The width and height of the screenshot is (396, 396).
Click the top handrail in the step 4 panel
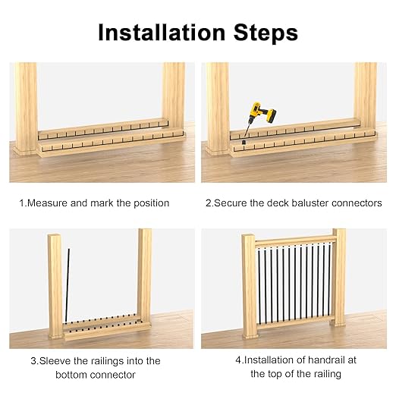pos(294,241)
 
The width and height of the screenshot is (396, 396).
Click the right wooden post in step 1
pos(174,99)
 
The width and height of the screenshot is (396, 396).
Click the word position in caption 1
pos(149,203)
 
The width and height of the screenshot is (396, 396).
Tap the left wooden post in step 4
pos(248,288)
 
